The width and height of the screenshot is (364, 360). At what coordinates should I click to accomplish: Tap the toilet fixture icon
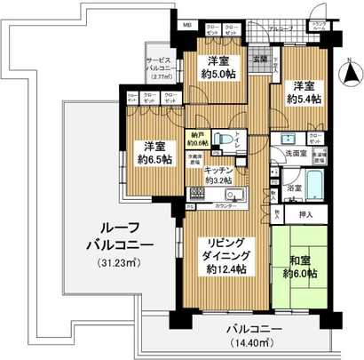[227, 140]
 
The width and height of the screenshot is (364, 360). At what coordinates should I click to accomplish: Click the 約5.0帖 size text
[216, 76]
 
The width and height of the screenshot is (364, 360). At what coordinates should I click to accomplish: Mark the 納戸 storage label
[197, 135]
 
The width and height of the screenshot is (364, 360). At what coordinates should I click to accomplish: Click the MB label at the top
[187, 27]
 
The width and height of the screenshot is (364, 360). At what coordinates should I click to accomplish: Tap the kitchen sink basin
[236, 196]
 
